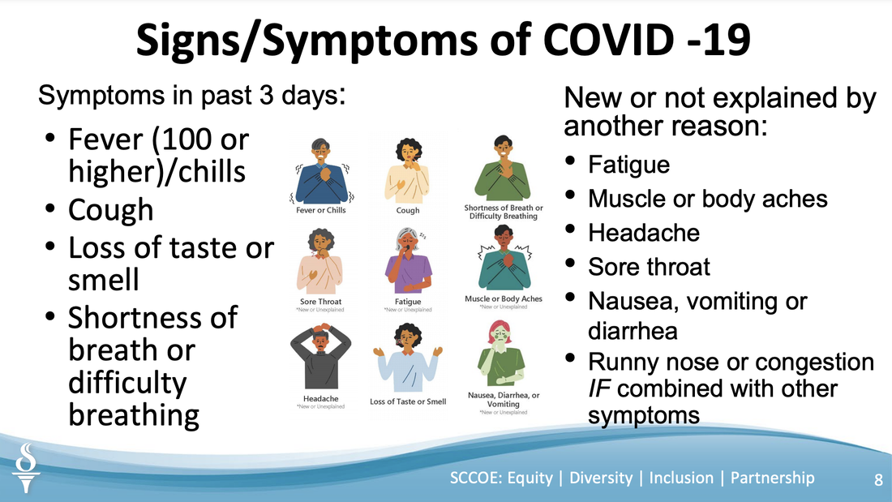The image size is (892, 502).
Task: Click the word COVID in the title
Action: [608, 40]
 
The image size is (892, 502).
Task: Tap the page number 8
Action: [878, 480]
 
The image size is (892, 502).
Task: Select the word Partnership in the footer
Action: [772, 478]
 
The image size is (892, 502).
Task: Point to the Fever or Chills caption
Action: [321, 210]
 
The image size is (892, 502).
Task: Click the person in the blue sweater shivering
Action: [321, 171]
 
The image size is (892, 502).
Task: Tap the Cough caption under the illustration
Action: [408, 210]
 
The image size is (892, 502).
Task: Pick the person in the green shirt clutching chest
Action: [503, 169]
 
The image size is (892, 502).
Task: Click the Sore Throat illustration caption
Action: [321, 302]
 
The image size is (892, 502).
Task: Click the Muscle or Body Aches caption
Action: [504, 298]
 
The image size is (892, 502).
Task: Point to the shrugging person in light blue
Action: [408, 358]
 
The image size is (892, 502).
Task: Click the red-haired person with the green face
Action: [501, 353]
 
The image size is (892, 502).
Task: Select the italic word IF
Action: [599, 388]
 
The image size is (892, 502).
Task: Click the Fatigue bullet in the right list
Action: [628, 165]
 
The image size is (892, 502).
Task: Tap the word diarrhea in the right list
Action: [633, 331]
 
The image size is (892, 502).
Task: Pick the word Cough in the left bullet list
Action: [111, 210]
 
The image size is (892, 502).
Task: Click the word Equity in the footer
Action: [530, 478]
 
